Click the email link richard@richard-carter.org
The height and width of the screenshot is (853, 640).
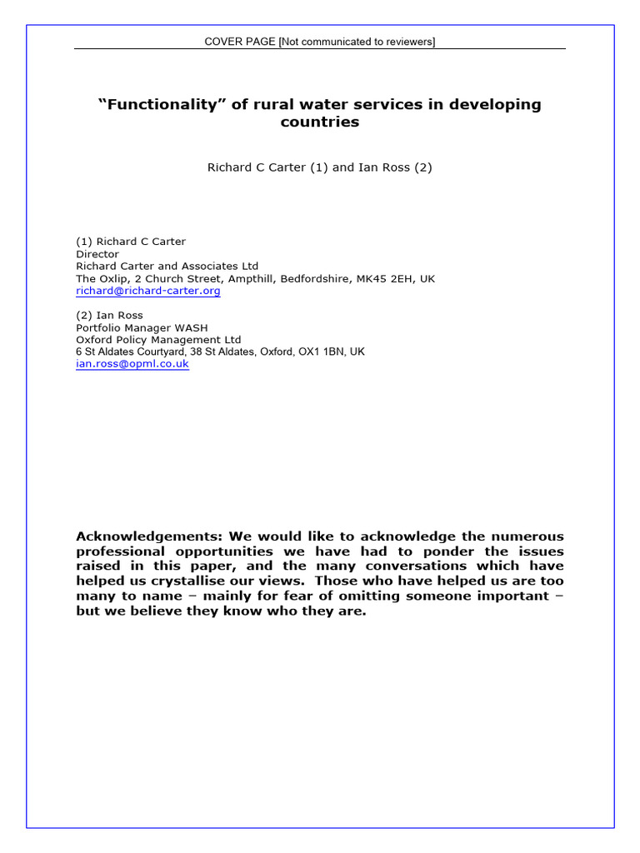pos(148,292)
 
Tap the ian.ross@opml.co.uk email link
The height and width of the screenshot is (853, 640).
pos(132,364)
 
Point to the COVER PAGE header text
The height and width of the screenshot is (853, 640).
pos(241,42)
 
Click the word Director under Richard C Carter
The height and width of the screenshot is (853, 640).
pos(97,254)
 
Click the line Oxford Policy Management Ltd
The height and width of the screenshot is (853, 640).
pos(158,340)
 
